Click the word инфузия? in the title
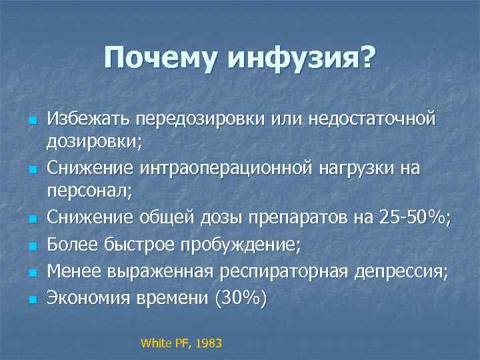coord(301,60)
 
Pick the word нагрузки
coord(354,169)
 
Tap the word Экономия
coord(88,298)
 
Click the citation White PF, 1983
coord(181,343)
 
